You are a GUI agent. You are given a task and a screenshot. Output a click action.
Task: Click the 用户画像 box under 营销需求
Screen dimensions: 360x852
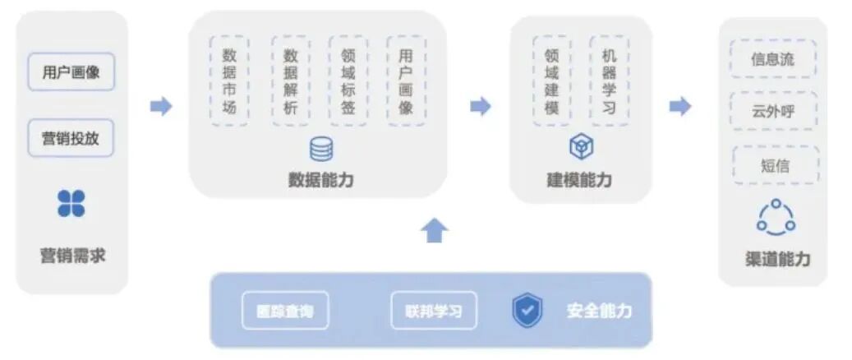(x=71, y=72)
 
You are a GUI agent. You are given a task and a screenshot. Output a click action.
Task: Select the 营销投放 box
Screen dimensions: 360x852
(x=71, y=138)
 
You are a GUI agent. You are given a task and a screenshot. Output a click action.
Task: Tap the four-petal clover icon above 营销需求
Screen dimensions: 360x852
(x=71, y=203)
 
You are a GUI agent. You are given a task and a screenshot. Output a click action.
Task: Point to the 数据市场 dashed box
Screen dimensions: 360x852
(x=229, y=81)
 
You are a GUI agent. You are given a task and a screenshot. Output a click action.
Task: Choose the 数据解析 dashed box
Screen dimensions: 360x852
(x=290, y=81)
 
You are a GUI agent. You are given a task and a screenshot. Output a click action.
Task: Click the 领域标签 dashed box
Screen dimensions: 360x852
(x=348, y=81)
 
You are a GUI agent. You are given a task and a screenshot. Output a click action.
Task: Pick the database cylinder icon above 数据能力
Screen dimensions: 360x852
(x=321, y=149)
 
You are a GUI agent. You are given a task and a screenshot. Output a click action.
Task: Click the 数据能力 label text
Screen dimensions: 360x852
(x=320, y=180)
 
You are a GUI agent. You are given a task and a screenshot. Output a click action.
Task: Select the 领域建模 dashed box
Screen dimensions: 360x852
(x=551, y=81)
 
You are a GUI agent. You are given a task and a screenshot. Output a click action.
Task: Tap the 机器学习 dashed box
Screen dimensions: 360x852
(x=609, y=81)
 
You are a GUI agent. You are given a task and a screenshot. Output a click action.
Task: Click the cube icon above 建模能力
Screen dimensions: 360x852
(x=581, y=148)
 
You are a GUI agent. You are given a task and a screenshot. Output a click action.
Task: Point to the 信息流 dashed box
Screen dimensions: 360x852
(x=773, y=59)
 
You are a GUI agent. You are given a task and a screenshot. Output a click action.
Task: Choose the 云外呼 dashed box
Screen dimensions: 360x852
(x=773, y=111)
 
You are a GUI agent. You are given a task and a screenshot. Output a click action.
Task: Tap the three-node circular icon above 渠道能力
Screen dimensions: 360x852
(x=776, y=217)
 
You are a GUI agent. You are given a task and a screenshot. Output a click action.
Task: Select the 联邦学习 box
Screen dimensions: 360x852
(x=432, y=312)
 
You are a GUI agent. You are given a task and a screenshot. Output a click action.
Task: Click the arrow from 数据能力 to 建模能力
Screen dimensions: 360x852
(x=480, y=106)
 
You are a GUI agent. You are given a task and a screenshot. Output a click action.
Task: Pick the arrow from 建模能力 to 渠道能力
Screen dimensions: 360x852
(x=679, y=106)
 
